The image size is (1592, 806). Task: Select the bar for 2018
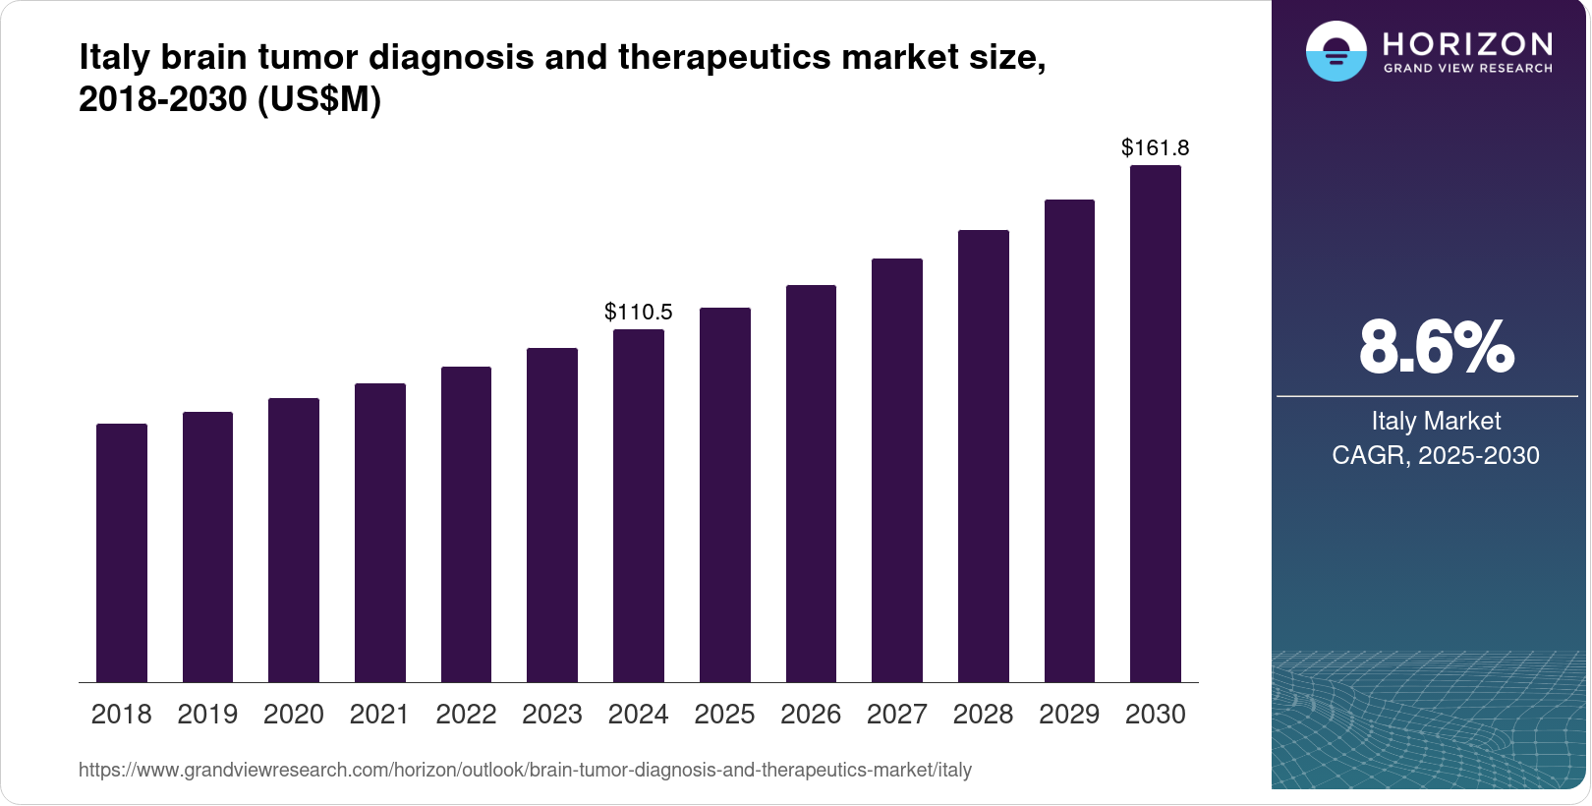[x=122, y=552]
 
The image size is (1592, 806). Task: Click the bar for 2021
[x=380, y=533]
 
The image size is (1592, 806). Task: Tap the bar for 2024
[x=639, y=505]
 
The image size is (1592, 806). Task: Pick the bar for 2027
[x=897, y=470]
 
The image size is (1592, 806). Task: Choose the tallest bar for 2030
[x=1156, y=424]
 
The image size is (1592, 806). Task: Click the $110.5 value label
[x=639, y=313]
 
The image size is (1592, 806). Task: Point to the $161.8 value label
[x=1156, y=148]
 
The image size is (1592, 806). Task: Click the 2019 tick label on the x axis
[x=207, y=715]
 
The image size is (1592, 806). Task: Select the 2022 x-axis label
[x=466, y=715]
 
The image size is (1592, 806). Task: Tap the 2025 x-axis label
[x=724, y=715]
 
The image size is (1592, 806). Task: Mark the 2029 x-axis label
[x=1069, y=715]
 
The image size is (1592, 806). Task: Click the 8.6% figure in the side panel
[x=1436, y=347]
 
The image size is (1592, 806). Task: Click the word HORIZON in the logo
[x=1467, y=44]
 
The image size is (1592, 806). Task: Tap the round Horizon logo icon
[x=1336, y=51]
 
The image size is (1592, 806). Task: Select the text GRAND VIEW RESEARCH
[x=1467, y=69]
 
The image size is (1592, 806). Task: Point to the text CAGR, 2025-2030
[x=1436, y=455]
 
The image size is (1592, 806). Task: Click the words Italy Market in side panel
[x=1436, y=422]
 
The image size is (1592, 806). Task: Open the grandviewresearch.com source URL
[x=525, y=771]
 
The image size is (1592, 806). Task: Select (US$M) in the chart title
[x=318, y=100]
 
